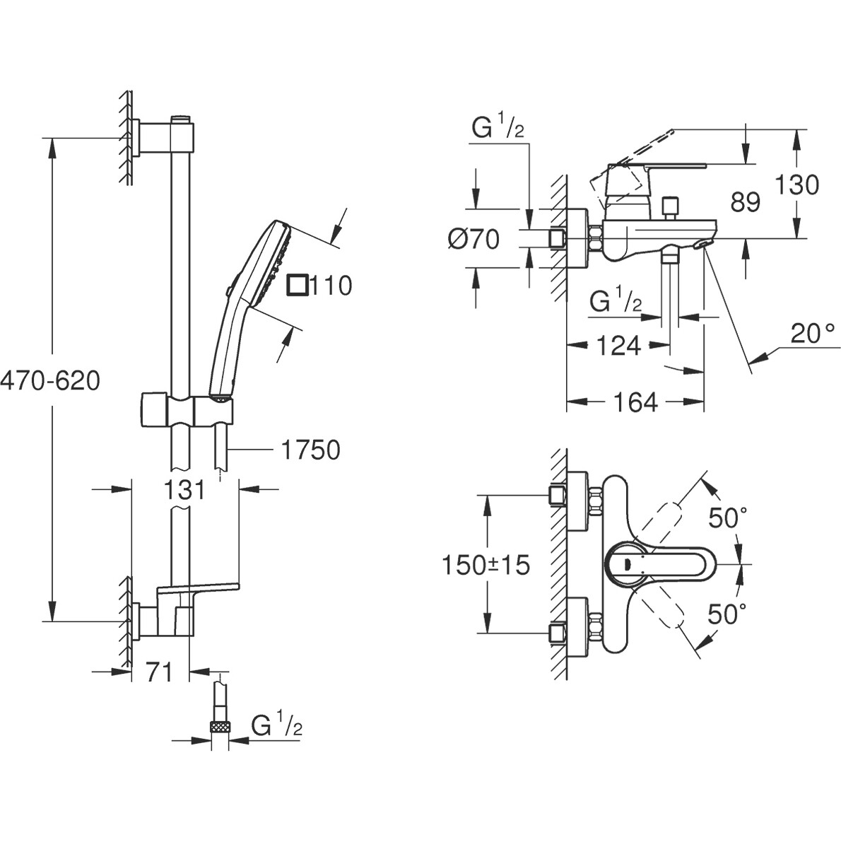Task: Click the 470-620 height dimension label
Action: pos(50,381)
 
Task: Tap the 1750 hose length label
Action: pos(310,450)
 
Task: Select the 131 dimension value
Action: pos(184,490)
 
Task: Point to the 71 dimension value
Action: pos(159,672)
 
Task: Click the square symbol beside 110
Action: pos(298,285)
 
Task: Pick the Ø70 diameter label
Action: pos(474,240)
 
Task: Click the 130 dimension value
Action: pos(797,185)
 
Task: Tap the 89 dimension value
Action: pos(746,202)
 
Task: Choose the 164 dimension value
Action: pos(635,402)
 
